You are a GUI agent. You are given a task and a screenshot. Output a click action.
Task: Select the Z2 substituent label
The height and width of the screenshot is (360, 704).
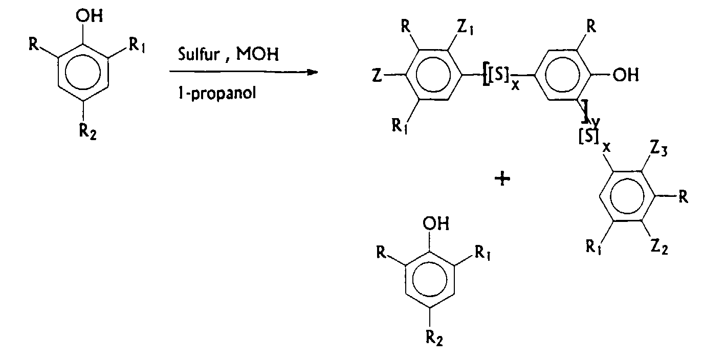coord(659,249)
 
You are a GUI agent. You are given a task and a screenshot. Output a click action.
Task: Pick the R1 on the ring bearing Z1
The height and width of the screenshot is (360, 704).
coord(400,127)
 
